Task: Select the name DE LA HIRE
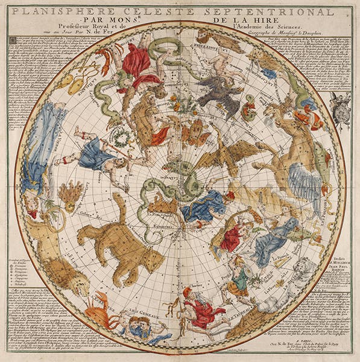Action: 232,23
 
